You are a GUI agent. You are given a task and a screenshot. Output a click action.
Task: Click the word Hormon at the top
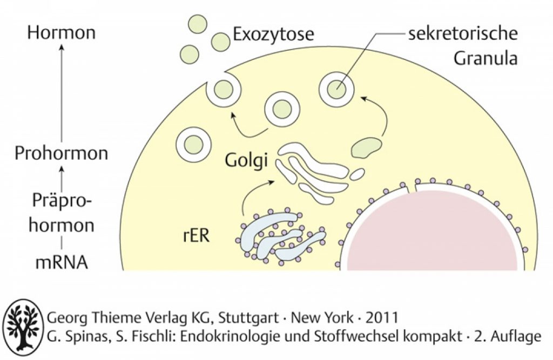coord(62,32)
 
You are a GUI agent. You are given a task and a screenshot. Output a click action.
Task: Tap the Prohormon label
coord(62,154)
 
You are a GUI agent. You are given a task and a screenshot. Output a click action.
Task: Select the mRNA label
coord(62,262)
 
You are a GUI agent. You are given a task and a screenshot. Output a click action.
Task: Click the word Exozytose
coord(273,35)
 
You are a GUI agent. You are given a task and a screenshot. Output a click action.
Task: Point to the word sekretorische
coord(463,34)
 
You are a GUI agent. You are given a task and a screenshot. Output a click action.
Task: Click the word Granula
coord(485,58)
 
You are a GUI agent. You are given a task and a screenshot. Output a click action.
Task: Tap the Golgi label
coord(246,161)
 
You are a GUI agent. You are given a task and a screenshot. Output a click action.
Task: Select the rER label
coord(197,235)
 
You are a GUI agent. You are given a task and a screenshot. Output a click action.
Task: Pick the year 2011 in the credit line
coord(382,318)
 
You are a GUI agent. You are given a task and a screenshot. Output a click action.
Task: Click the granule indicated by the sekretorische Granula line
coord(336,89)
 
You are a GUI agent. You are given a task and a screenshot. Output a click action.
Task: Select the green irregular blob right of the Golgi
coord(366,147)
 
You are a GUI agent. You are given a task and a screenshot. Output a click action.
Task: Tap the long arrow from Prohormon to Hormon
coord(62,93)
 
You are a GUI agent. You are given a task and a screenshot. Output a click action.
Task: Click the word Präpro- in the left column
coord(62,201)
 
